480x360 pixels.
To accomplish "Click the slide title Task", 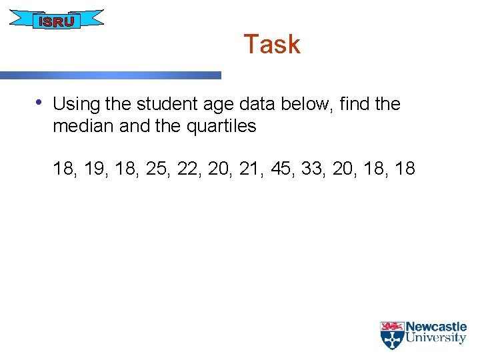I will coord(271,45).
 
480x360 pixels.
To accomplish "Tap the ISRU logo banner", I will coord(57,21).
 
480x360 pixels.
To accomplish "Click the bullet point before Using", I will coord(39,102).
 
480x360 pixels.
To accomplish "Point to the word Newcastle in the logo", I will coord(436,327).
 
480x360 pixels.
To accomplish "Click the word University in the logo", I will coord(436,338).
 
